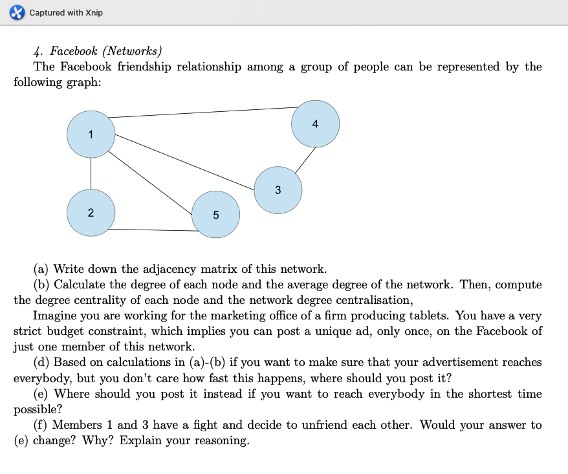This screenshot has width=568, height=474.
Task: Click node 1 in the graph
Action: click(91, 134)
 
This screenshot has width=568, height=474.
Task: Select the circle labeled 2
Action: click(91, 212)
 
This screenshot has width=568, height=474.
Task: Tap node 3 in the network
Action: click(278, 190)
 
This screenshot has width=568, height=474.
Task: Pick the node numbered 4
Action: click(315, 124)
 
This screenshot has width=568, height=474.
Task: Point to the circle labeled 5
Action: click(215, 215)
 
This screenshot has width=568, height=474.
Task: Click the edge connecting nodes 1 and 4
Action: click(201, 113)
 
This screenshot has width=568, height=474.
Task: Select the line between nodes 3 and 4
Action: click(306, 159)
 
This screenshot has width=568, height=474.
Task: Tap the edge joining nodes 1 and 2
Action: click(91, 173)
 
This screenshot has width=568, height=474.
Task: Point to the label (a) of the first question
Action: click(41, 268)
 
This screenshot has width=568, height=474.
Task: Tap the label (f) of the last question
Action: click(41, 425)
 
